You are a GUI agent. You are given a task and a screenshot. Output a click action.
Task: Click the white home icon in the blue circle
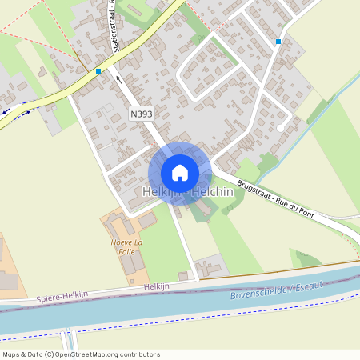coord(180,173)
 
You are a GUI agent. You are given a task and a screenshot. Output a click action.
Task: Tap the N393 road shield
coord(142,114)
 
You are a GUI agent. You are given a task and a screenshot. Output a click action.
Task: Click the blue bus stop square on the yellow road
coord(98,71)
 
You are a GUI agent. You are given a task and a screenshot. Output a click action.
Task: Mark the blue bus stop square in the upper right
coord(278,42)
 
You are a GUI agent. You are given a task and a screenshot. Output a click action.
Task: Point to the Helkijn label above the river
coord(158,286)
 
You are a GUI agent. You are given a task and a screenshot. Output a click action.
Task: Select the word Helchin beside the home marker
coord(212,192)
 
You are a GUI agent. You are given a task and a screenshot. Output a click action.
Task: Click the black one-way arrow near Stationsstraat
coord(118,78)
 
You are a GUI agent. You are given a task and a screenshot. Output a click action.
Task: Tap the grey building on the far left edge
coord(6,281)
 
